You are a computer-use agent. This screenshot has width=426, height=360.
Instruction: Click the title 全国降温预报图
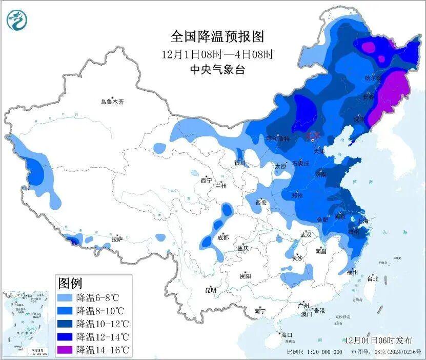pos(217,37)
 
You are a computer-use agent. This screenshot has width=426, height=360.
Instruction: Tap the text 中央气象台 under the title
pos(217,70)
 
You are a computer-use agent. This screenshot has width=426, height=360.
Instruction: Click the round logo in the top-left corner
pos(16,20)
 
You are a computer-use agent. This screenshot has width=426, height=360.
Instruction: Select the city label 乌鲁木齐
pos(112,102)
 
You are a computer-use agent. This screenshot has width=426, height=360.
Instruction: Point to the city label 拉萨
pos(117,238)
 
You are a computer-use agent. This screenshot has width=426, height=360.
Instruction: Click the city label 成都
pos(222,237)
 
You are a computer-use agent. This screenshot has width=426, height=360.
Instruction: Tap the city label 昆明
pos(211,290)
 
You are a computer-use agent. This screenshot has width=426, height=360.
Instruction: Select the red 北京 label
pos(313,135)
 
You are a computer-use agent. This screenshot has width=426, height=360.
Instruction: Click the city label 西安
pos(261,203)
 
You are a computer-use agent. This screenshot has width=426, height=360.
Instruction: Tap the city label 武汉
pos(306,234)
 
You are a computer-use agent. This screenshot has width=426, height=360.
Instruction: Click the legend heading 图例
pos(70,283)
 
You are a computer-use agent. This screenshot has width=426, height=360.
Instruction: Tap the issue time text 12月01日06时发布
pos(378,340)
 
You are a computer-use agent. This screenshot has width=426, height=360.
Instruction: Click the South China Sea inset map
pos(24,322)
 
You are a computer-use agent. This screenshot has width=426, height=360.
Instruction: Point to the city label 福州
pos(352,271)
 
